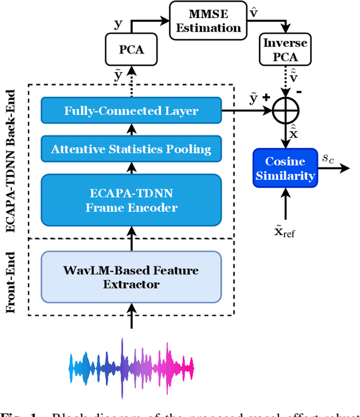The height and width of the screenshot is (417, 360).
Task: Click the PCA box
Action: (131, 49)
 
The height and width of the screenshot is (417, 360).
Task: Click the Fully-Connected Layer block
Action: (131, 111)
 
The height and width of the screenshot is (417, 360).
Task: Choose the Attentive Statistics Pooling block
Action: (131, 149)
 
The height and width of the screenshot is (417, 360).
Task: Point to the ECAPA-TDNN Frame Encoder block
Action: (131, 200)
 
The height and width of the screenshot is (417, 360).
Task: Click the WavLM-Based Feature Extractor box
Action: (131, 277)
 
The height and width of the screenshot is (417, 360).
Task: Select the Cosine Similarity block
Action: (285, 168)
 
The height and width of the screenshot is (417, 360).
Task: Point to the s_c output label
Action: (327, 159)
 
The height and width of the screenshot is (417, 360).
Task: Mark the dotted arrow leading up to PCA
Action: (131, 84)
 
